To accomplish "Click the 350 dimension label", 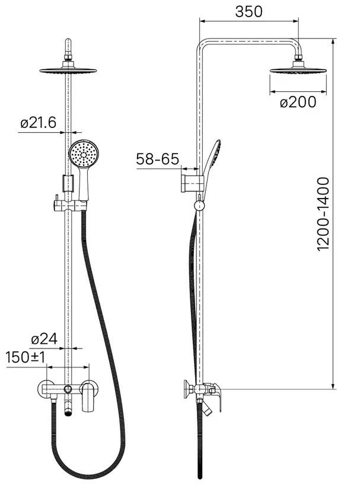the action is coord(249,12).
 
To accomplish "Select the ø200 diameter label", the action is coord(298,102).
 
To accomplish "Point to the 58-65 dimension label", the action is coord(158,159).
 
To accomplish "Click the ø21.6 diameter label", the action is coord(39,122).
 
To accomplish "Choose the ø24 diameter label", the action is coord(44,339).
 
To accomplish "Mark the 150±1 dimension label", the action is coord(26,357).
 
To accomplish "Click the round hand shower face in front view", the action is coord(84,154).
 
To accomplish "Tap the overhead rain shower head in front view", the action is coord(68,70).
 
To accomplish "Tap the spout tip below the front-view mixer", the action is coord(68,412).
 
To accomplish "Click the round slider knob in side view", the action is coord(199,206).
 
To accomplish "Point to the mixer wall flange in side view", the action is coord(187,389).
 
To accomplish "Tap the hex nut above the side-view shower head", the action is coord(298,57).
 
